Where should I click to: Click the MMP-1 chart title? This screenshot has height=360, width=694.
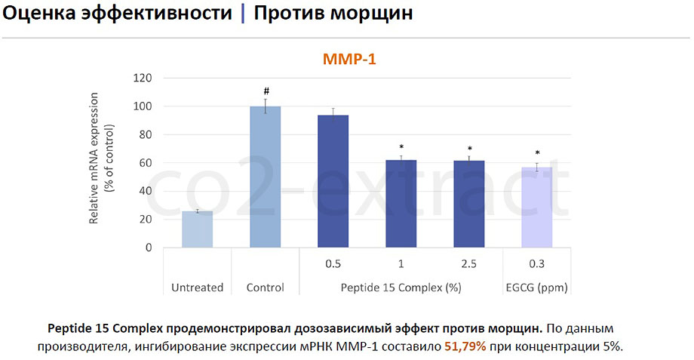pos(349,59)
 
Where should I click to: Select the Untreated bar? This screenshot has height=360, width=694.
pos(198,229)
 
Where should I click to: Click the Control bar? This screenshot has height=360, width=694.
pos(265,177)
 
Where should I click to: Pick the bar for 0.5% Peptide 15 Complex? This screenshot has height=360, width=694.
pos(333,182)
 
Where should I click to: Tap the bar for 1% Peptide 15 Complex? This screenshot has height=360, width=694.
pos(401,204)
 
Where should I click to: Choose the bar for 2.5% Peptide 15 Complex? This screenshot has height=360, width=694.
pos(469,204)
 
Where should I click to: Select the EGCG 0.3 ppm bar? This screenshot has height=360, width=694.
pos(537,208)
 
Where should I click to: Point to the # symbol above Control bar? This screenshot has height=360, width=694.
pos(266,91)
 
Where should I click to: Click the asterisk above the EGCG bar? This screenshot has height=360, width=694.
pos(537,153)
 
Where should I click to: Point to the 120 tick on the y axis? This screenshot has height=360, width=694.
pos(143,78)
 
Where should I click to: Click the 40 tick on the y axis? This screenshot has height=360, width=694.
pos(146,191)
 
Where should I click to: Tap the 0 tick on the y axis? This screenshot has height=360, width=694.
pos(149,248)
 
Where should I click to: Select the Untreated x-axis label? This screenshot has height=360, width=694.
pos(198,288)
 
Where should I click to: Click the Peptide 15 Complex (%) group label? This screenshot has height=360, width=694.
pos(401,288)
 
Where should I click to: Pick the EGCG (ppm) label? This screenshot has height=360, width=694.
pos(537,288)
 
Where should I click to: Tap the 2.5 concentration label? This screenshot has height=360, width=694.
pos(468,264)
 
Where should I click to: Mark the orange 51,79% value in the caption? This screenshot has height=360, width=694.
pos(465,346)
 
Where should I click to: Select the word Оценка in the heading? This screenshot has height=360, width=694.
pos(39,14)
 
